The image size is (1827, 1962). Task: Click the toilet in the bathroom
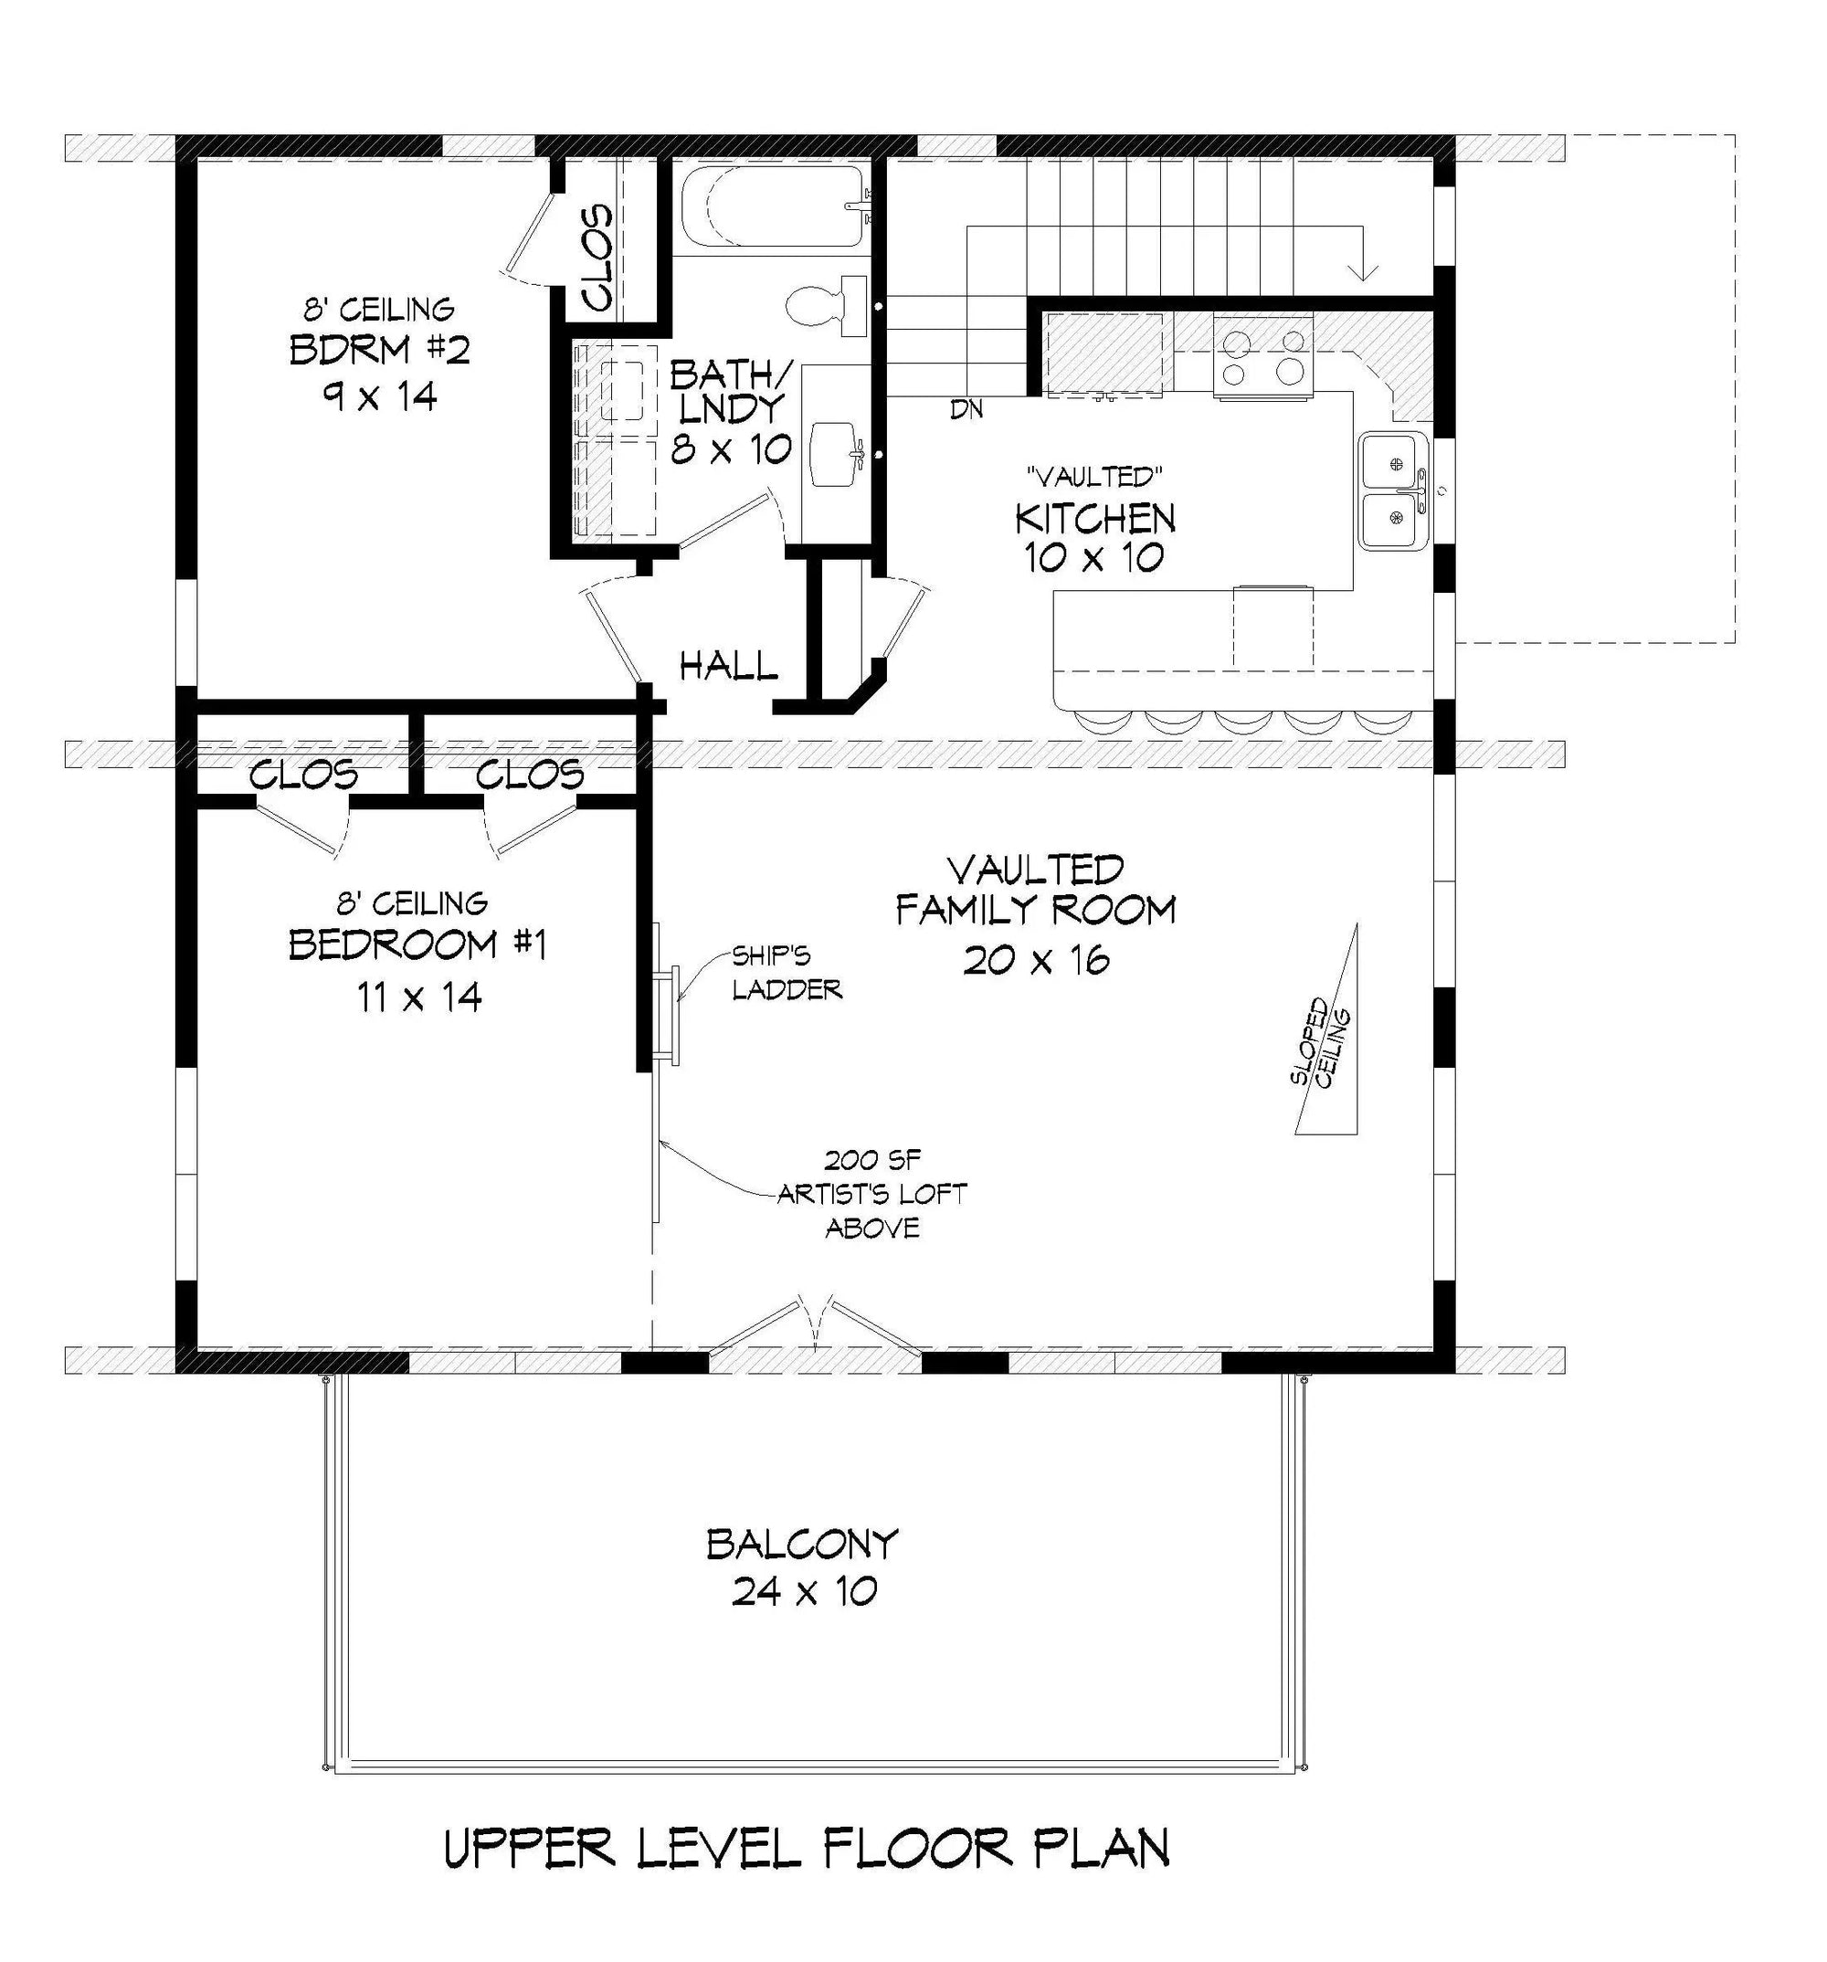(827, 303)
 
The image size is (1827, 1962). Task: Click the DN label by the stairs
(966, 408)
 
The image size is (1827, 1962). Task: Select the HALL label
(728, 665)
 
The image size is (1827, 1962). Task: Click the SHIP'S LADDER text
(786, 971)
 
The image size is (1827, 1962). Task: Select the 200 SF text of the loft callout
(871, 1161)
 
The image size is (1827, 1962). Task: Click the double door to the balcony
(814, 1325)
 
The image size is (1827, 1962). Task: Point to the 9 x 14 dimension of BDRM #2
(378, 396)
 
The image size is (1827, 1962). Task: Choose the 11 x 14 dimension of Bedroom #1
(418, 997)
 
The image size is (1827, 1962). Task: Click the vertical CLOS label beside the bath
(597, 257)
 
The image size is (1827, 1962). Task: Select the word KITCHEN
(1094, 517)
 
